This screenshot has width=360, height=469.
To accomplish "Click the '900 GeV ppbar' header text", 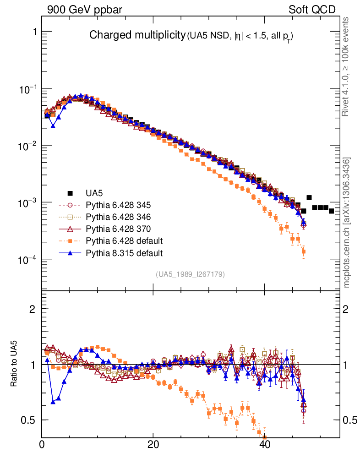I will click(x=85, y=10).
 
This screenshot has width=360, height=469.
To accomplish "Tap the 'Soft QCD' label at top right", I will click(x=312, y=10).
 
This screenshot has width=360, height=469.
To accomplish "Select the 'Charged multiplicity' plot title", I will click(x=137, y=35).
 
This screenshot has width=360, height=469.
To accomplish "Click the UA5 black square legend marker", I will click(x=70, y=193).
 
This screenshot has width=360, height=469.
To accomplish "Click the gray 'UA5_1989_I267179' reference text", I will click(x=190, y=274).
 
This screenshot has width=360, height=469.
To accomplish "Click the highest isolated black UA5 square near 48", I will click(x=309, y=197).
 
